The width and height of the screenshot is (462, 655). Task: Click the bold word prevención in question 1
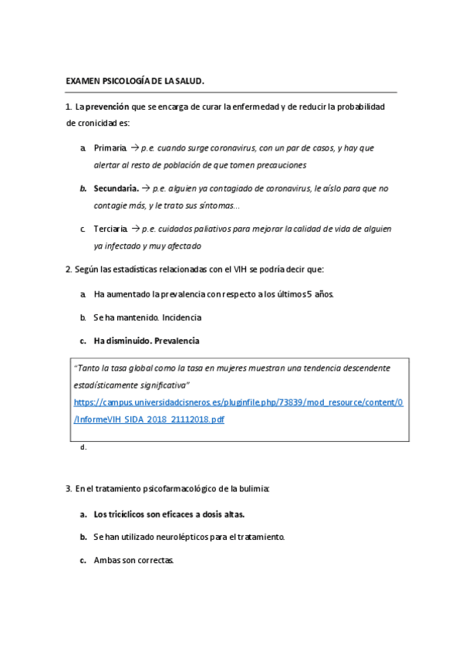tap(106, 107)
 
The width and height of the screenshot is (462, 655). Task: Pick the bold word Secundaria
tap(116, 188)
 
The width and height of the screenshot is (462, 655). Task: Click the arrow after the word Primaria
tap(134, 148)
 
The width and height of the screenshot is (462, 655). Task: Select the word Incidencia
tap(183, 317)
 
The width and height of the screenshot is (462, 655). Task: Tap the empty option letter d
tap(83, 447)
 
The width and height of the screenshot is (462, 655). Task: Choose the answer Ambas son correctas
tap(133, 561)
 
